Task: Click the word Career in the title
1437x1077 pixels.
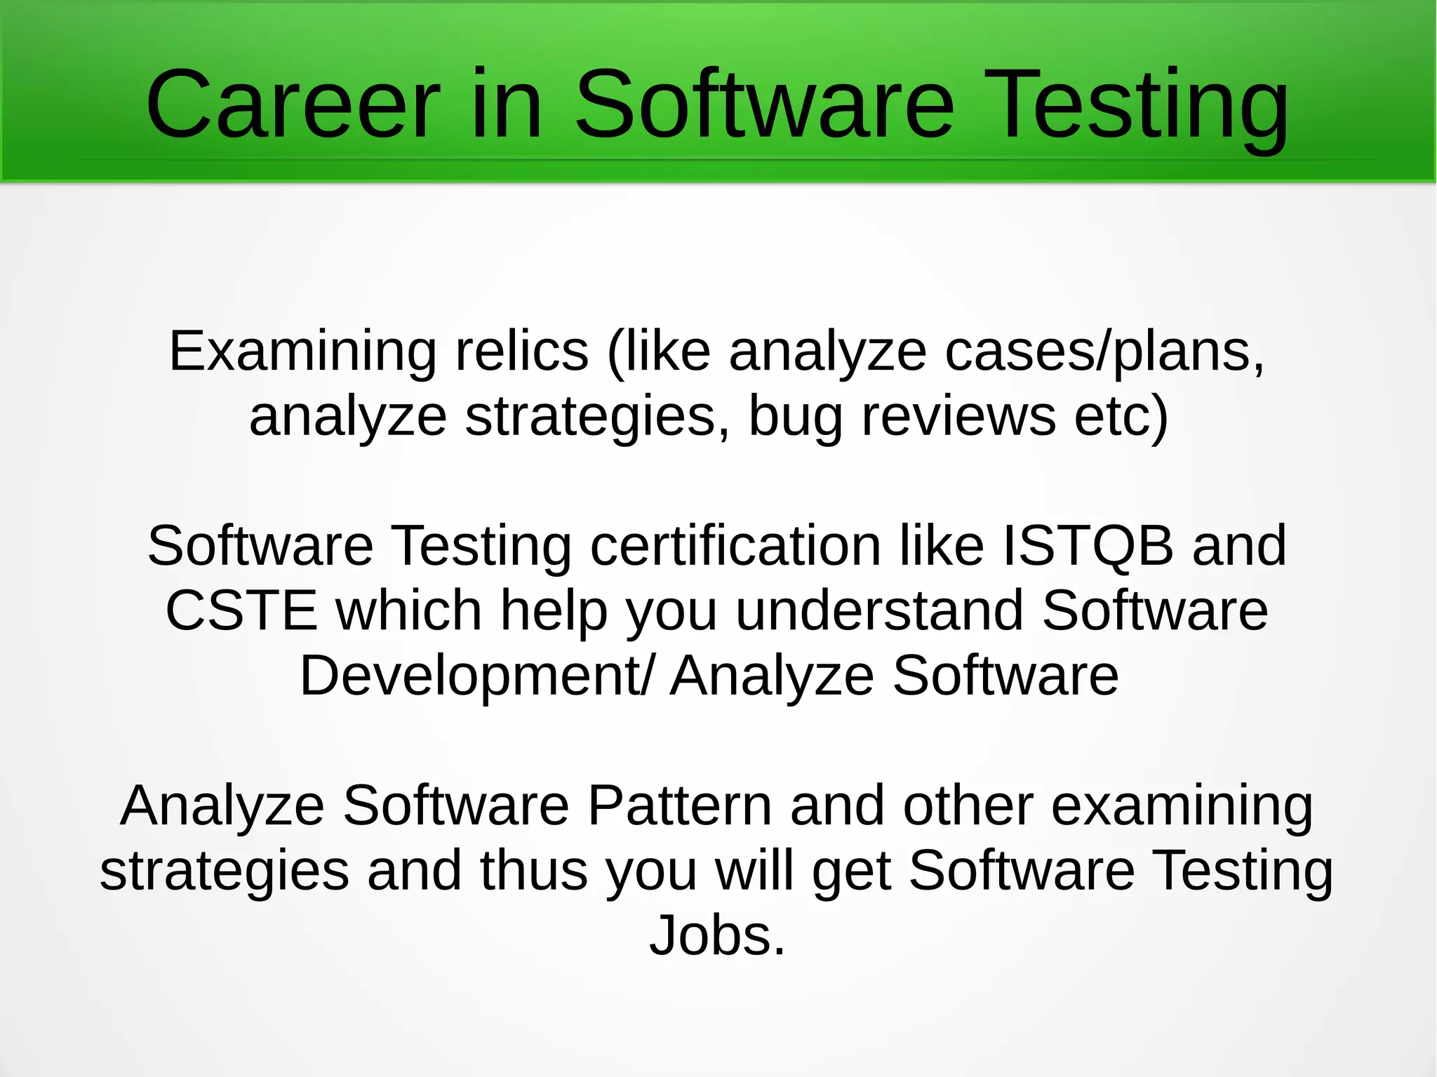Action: tap(293, 105)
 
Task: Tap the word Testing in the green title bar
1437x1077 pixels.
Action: tap(1139, 105)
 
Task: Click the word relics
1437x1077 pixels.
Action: tap(522, 351)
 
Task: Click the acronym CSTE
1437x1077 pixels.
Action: tap(241, 610)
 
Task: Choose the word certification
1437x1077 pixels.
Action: tap(735, 546)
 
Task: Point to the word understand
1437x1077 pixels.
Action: tap(880, 610)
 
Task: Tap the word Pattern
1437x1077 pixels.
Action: tap(679, 805)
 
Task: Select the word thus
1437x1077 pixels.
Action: tap(533, 871)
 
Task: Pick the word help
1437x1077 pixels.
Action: tap(554, 610)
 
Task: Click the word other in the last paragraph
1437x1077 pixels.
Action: tap(968, 805)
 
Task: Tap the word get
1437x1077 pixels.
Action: tap(852, 871)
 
